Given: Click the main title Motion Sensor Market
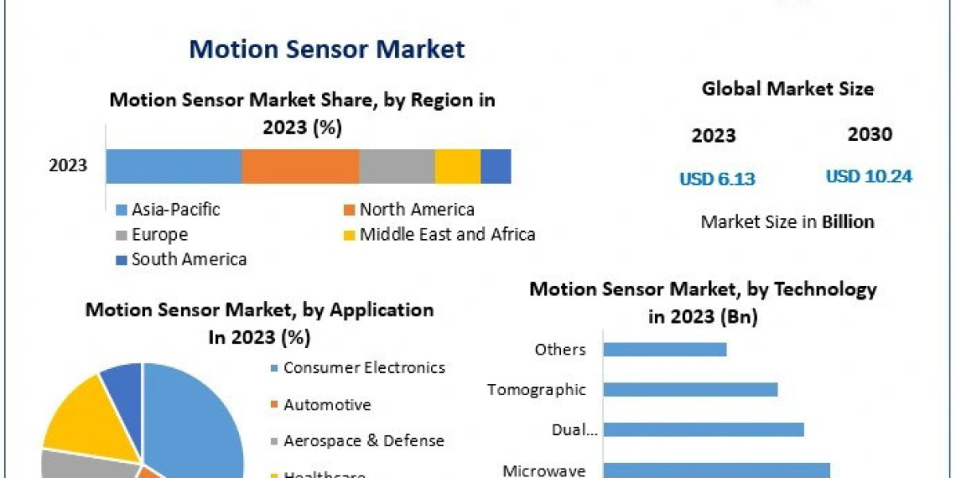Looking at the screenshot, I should tap(327, 49).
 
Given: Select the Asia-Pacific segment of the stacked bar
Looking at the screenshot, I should tap(174, 167).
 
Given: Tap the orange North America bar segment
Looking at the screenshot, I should tap(300, 167).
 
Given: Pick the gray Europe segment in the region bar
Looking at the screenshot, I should tap(397, 167).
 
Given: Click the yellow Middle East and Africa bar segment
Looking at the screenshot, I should tap(457, 167).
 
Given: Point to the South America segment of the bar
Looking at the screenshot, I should tap(496, 167).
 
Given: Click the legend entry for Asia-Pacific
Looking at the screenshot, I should tap(175, 210).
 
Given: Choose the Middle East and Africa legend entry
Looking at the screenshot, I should tap(447, 234).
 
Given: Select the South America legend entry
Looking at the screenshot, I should tap(189, 259).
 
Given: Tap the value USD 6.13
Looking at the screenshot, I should tap(717, 179).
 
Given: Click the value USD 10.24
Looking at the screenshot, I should tap(868, 177).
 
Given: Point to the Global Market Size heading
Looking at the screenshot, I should tap(787, 89).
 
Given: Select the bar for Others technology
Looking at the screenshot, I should tap(664, 350).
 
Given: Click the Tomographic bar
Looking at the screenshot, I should tap(690, 390).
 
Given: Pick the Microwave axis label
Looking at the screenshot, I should tap(544, 470).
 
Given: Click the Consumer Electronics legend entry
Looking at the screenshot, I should tap(364, 368).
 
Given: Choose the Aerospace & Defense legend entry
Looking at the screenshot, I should tap(363, 441).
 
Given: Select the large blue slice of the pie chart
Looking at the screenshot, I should tap(195, 422).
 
